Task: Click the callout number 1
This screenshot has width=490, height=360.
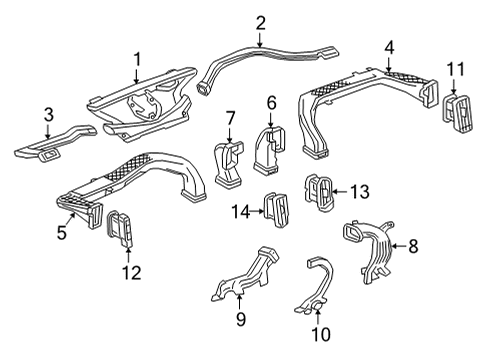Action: (x=138, y=59)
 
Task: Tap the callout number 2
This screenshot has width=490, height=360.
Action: (x=260, y=22)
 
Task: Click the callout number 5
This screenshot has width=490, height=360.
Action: (x=61, y=234)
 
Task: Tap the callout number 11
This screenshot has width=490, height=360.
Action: (x=455, y=68)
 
